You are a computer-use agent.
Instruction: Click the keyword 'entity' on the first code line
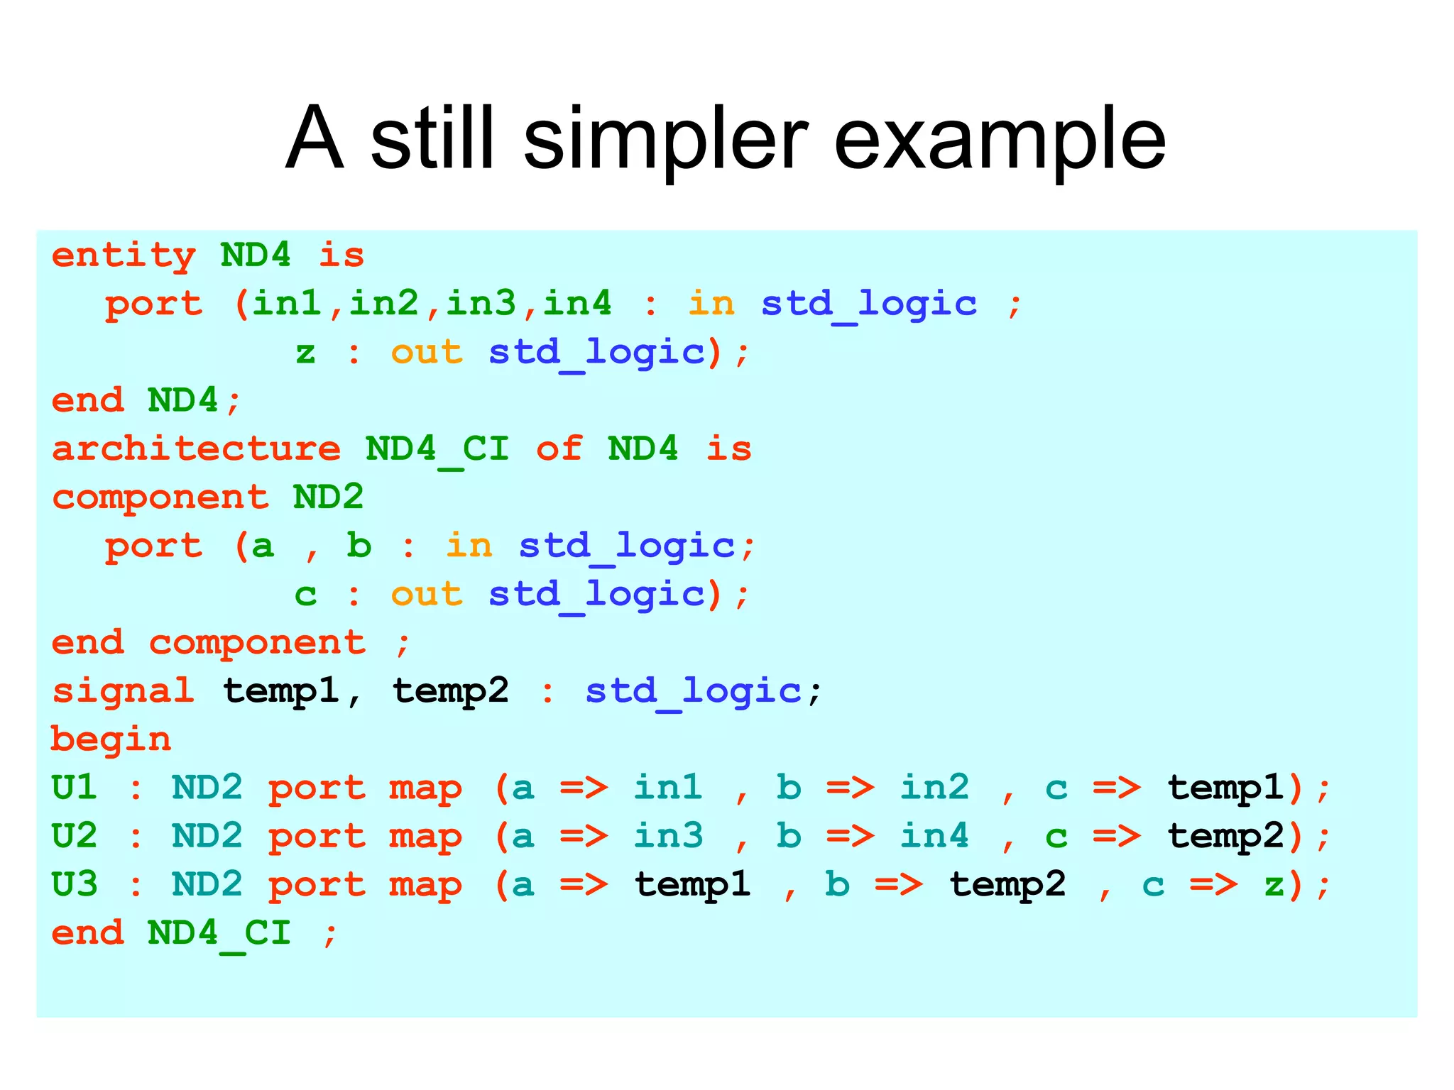(x=124, y=255)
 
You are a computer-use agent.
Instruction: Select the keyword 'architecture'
(x=197, y=449)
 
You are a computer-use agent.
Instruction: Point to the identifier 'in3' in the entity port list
(x=481, y=304)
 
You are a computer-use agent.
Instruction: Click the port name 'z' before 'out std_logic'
(x=305, y=353)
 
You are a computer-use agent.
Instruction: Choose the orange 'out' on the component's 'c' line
(x=427, y=595)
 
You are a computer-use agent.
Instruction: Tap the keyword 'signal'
(x=124, y=691)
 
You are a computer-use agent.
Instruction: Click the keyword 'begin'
(x=111, y=739)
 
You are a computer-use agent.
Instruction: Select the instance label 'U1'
(x=75, y=788)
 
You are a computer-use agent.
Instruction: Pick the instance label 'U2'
(x=75, y=836)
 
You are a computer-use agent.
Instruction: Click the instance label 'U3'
(x=75, y=885)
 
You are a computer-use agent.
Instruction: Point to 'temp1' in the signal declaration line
(x=281, y=691)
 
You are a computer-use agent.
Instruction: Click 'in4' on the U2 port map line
(x=934, y=836)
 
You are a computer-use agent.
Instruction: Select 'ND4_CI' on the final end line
(x=219, y=933)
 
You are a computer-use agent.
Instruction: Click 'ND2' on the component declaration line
(x=328, y=497)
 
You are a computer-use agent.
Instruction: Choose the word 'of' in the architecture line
(x=559, y=449)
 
